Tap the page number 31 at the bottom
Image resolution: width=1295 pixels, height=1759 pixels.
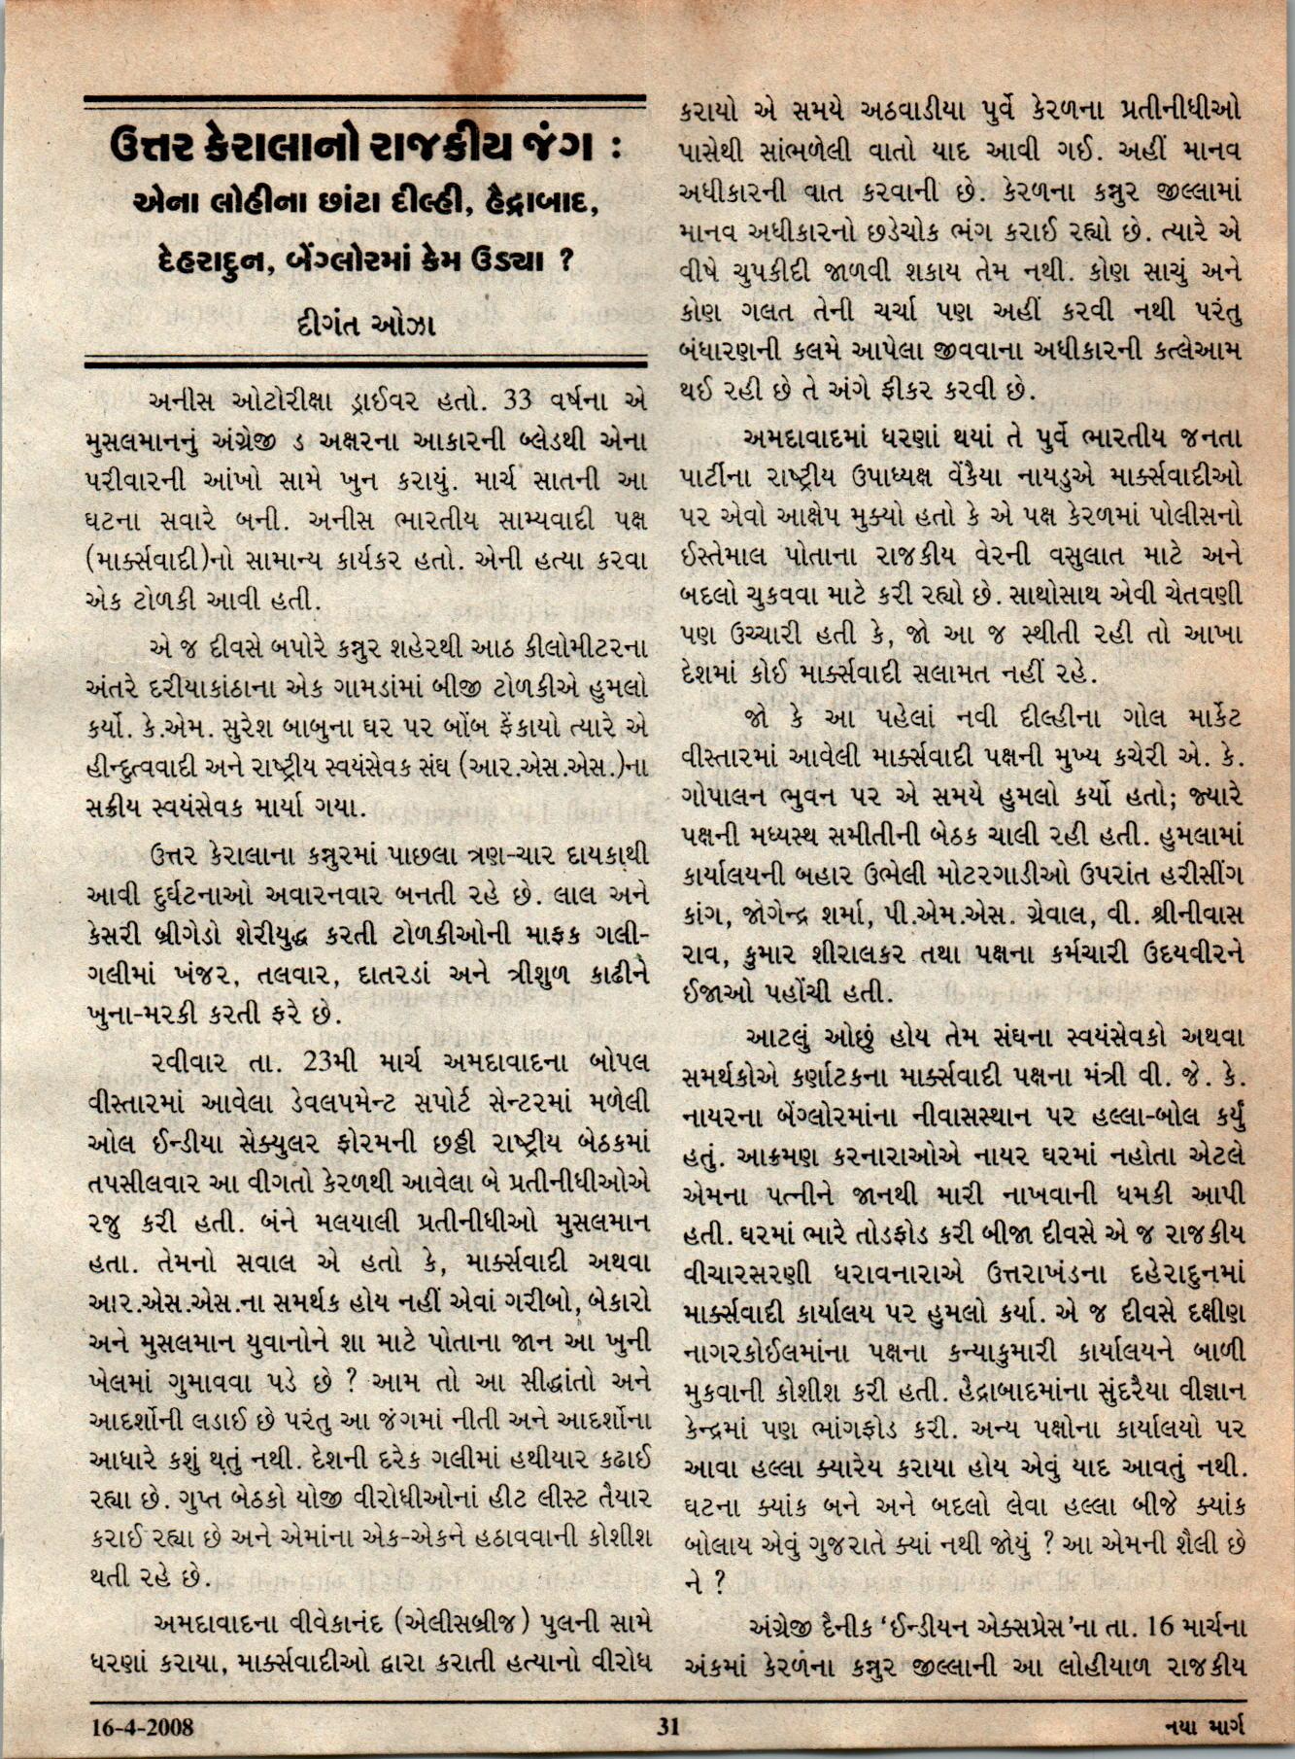coord(667,1727)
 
